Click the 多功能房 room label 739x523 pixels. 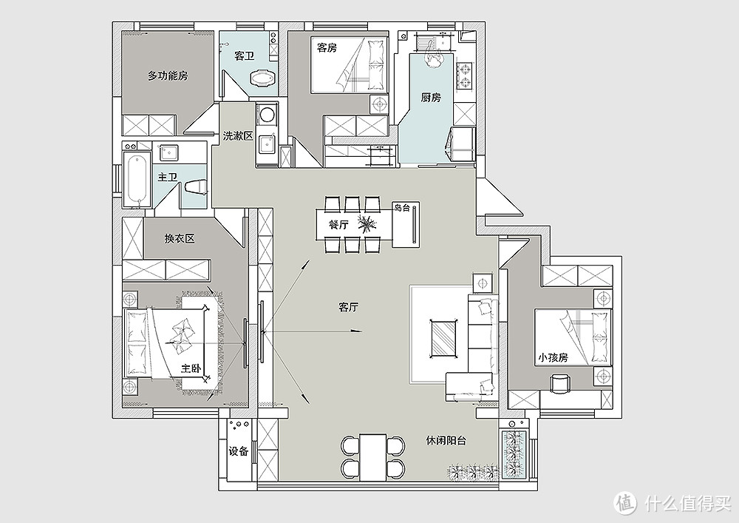tap(168, 75)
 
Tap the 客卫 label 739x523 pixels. tap(245, 56)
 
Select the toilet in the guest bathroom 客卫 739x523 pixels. tap(263, 78)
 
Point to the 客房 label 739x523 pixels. tap(327, 47)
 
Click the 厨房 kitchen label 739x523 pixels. tap(431, 98)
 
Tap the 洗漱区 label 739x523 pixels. tap(238, 136)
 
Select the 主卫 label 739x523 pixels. tap(168, 178)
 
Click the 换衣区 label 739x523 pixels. tap(180, 239)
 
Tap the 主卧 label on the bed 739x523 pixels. tap(191, 368)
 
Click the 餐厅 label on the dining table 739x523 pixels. tap(338, 224)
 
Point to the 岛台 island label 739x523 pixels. tap(402, 208)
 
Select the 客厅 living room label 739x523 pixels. tap(349, 308)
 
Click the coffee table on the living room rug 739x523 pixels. tap(444, 337)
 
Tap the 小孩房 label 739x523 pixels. tap(553, 357)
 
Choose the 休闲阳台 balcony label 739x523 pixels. tap(446, 440)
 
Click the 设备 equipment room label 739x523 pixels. tap(239, 451)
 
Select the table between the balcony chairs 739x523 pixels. tap(372, 456)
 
